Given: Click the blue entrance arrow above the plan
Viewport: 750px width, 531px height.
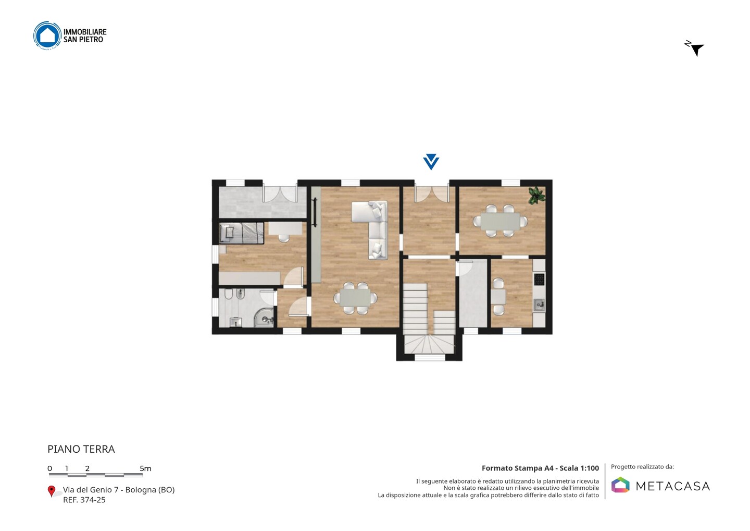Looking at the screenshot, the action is click(431, 162).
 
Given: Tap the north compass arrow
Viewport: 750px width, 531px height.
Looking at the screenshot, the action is click(696, 50).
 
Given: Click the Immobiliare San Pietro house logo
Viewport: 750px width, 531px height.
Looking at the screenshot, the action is click(47, 35).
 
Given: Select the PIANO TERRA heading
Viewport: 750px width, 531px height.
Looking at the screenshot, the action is click(81, 449).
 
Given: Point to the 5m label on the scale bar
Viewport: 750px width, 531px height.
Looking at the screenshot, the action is click(145, 468).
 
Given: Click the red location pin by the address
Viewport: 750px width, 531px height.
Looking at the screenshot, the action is click(51, 491).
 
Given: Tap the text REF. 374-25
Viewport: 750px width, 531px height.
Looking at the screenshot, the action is click(84, 500).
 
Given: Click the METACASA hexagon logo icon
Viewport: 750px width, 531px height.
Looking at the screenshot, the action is click(620, 485).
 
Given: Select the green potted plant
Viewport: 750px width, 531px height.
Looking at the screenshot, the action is click(536, 195).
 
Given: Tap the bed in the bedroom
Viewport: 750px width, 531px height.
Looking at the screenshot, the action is click(242, 233).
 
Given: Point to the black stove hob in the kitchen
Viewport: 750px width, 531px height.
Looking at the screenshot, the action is click(539, 279).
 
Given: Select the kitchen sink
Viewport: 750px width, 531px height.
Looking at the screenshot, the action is click(539, 305).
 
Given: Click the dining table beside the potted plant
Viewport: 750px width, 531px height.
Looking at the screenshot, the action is click(500, 221).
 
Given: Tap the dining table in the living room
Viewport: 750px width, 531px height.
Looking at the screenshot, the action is click(355, 298).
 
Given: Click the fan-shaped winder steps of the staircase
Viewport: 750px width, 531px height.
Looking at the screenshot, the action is click(429, 344).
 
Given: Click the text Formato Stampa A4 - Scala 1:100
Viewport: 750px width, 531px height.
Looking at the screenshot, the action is click(540, 468).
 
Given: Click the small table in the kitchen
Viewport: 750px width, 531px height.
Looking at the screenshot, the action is click(498, 297).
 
